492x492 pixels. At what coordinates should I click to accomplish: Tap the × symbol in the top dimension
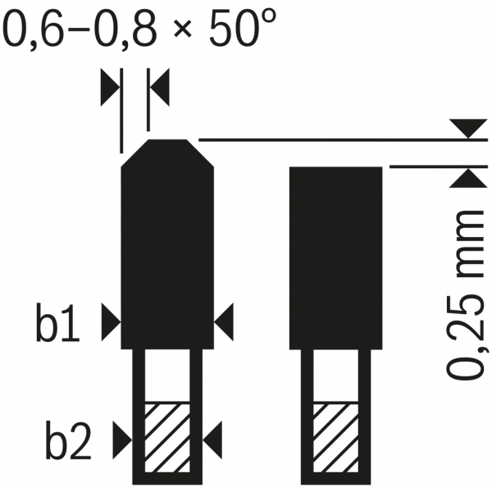click(183, 30)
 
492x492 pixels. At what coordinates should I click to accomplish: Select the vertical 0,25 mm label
click(467, 295)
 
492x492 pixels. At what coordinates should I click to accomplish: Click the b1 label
click(57, 322)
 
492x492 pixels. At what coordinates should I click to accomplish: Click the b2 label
click(68, 440)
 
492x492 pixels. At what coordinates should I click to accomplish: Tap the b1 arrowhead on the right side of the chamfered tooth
click(224, 322)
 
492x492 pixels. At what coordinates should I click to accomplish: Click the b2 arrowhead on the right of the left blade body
click(212, 440)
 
